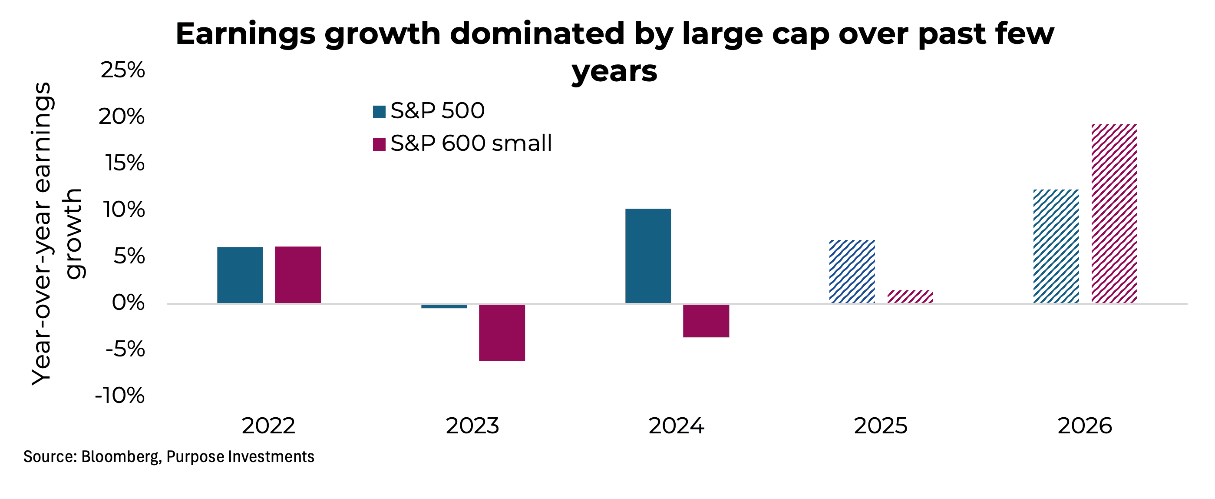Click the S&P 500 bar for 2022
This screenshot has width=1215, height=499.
(x=240, y=275)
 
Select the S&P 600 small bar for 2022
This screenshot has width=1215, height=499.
(x=297, y=275)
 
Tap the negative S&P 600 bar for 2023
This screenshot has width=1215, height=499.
(x=502, y=333)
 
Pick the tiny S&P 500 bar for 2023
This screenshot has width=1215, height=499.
(x=444, y=306)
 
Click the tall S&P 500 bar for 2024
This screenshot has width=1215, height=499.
(x=647, y=256)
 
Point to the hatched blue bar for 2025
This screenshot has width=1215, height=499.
(x=852, y=272)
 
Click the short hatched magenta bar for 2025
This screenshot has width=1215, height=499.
(x=910, y=296)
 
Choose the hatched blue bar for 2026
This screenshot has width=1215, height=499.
(x=1056, y=246)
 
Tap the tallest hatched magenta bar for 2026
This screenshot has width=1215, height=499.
(x=1114, y=213)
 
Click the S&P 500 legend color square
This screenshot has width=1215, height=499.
(x=379, y=112)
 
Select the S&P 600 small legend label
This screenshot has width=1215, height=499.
(x=471, y=143)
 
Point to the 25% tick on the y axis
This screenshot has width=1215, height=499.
(x=122, y=70)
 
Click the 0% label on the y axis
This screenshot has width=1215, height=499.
(x=128, y=303)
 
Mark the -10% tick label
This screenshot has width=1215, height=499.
(x=120, y=396)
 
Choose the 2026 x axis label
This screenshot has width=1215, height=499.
(x=1084, y=426)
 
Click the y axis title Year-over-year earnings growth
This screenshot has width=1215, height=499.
(x=56, y=234)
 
